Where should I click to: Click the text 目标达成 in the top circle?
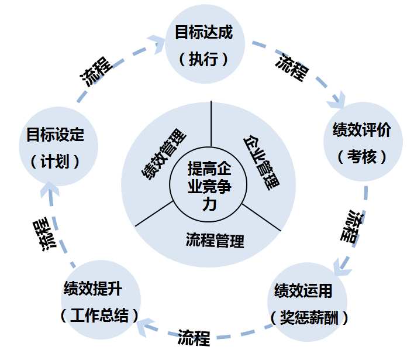pos(203,32)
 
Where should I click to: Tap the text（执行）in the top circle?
pos(203,59)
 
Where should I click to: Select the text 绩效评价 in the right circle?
pos(361,130)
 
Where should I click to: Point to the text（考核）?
pos(361,157)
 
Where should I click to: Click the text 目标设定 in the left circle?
pos(56,135)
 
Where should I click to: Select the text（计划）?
pos(55,161)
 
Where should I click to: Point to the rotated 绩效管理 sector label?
pos(164,153)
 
